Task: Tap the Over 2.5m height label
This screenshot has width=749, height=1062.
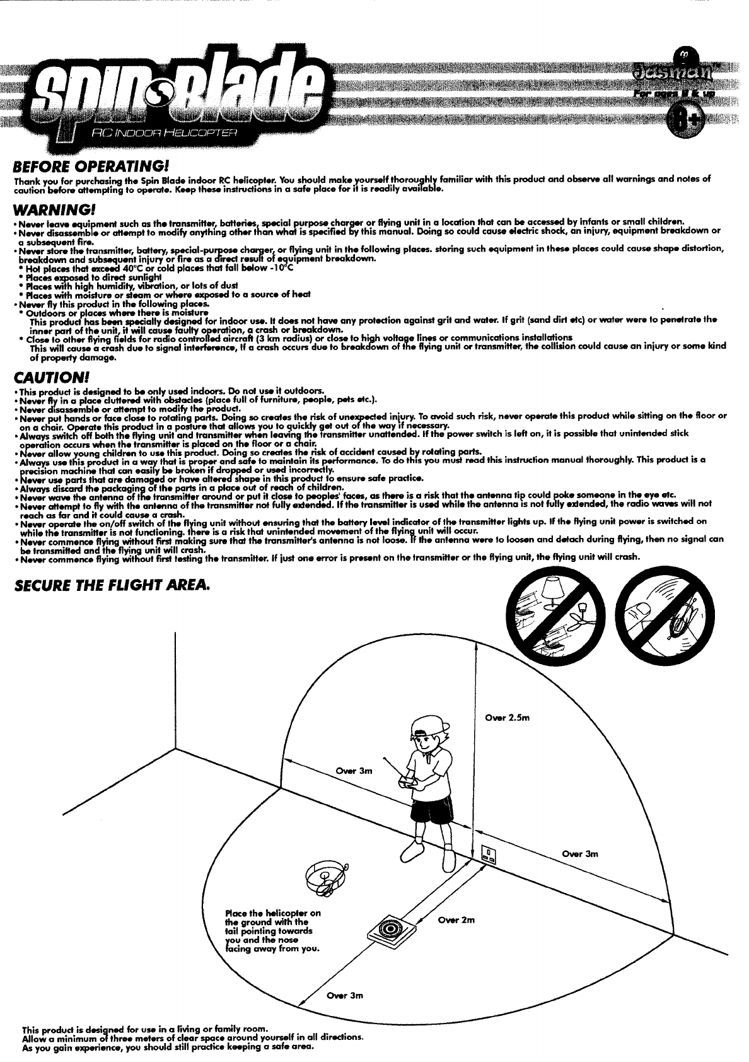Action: pyautogui.click(x=507, y=717)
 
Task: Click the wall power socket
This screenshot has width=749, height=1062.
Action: pyautogui.click(x=489, y=854)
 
